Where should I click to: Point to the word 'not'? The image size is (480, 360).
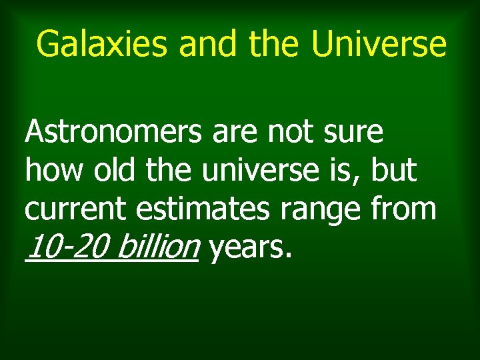pyautogui.click(x=287, y=133)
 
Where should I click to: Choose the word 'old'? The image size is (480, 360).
pyautogui.click(x=115, y=171)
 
